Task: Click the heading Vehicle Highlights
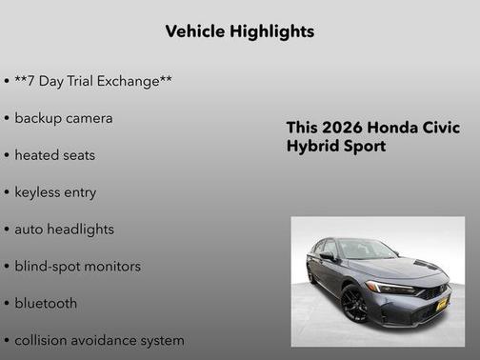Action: pos(239,31)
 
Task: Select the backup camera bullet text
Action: pos(63,118)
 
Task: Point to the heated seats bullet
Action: pos(54,154)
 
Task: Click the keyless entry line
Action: pos(55,191)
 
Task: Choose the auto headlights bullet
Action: pos(64,229)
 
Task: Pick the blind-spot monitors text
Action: pos(77,266)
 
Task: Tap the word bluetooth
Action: pos(46,303)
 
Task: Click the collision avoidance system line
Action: pos(99,340)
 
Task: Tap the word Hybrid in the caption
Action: pos(312,147)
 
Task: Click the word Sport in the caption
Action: pos(366,147)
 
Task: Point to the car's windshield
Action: pos(368,250)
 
